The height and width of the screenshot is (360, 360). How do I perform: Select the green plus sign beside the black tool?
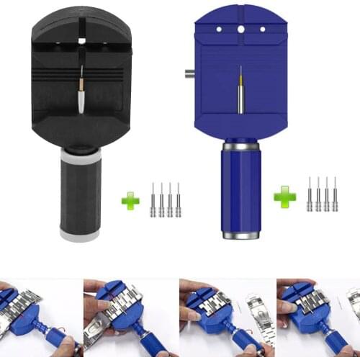point(130,201)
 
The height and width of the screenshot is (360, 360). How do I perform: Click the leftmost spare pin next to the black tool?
point(153,200)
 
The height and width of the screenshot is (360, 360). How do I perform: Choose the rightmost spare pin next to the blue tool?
point(335,194)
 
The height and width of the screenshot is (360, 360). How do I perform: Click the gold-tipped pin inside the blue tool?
point(240,90)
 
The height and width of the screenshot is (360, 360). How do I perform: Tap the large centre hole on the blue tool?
point(240,28)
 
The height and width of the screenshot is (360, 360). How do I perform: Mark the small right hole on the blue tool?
point(262,29)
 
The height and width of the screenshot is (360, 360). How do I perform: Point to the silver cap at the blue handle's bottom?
point(241,235)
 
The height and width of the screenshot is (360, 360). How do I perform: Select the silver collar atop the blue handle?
point(240,146)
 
